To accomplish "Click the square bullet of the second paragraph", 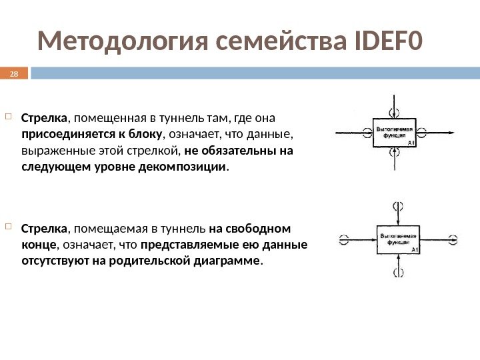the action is tap(9, 227).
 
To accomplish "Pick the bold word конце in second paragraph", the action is tap(37, 244).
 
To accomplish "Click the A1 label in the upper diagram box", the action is tap(412, 143).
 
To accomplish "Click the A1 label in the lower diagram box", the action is tap(414, 250).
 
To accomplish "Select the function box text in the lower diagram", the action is tap(397, 239).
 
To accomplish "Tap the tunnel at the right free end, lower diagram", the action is tap(453, 239).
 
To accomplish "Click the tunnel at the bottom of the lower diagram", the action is tap(398, 269).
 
